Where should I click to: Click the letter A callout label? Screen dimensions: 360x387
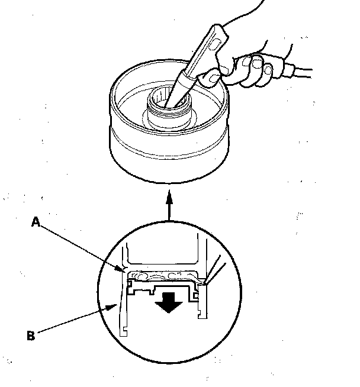[36, 222]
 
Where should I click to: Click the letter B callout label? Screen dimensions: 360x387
[31, 336]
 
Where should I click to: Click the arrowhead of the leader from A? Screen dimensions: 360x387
[123, 270]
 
